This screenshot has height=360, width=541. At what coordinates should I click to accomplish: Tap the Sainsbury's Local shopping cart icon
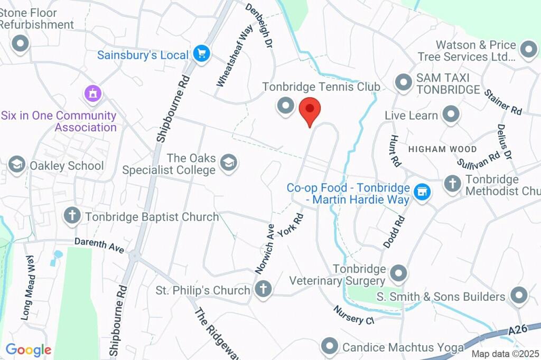click(x=202, y=53)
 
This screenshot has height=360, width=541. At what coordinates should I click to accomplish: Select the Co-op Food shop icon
click(x=422, y=192)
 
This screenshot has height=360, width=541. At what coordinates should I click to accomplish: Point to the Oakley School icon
click(x=17, y=165)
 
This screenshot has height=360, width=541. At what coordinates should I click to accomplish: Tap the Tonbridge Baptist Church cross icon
click(x=72, y=215)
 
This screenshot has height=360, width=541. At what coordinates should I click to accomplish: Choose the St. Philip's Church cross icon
click(x=263, y=289)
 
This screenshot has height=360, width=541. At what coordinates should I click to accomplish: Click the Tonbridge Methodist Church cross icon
click(x=452, y=183)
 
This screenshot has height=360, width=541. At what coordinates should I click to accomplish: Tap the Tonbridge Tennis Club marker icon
click(x=286, y=106)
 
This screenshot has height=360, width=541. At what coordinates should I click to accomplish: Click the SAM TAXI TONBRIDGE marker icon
click(x=404, y=83)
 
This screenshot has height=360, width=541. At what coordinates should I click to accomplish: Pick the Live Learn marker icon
click(x=451, y=115)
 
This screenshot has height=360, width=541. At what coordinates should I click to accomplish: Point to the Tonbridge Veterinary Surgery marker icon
click(x=398, y=273)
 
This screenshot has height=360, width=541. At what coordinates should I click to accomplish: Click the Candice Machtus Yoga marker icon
click(x=330, y=346)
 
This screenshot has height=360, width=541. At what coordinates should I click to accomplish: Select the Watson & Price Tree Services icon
click(x=527, y=50)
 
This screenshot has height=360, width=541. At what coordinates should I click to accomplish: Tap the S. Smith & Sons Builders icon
click(x=519, y=296)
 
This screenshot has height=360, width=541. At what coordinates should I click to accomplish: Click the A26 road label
click(x=518, y=330)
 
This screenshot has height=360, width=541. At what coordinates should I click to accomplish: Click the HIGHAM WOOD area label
click(x=442, y=149)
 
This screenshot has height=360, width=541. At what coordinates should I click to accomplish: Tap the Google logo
click(x=28, y=349)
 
